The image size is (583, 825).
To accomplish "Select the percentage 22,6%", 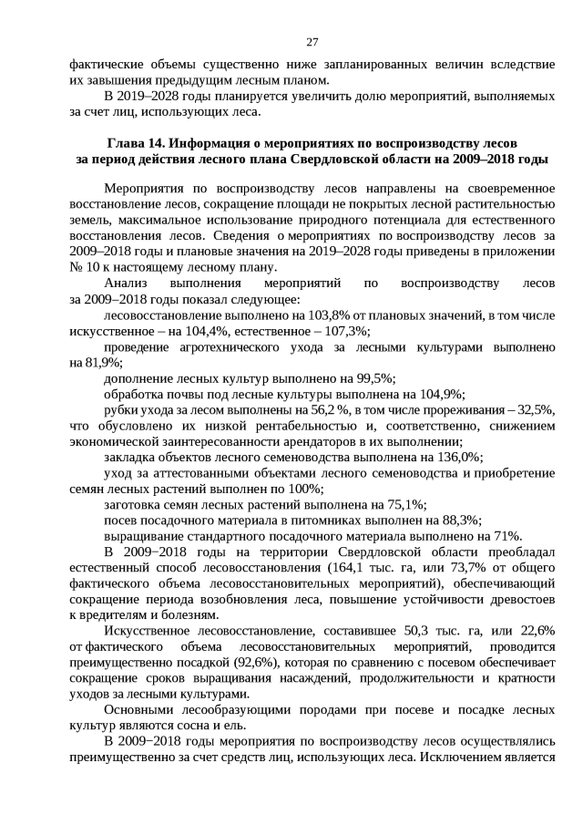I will point(534,630).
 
